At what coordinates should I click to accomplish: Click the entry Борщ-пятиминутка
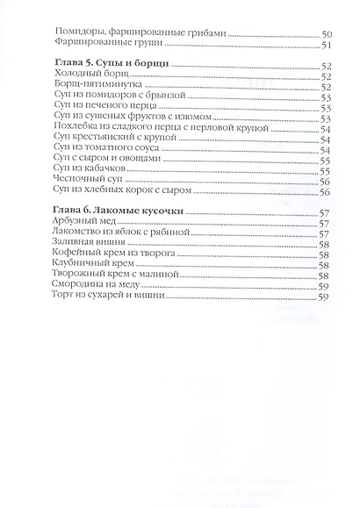96,87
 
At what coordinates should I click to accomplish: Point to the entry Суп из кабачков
88,171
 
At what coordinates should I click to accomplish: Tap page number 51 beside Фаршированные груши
325,45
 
